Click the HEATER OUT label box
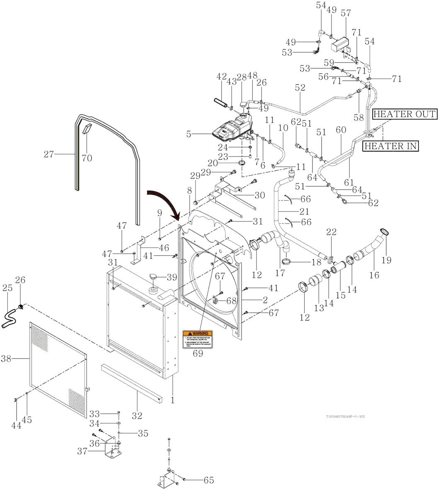(404, 114)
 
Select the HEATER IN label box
(390, 146)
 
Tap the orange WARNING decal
(198, 340)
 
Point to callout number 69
(198, 354)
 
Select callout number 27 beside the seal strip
(49, 154)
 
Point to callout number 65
(209, 480)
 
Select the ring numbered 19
(384, 232)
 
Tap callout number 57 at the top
(346, 13)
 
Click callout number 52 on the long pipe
(300, 88)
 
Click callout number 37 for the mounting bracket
(82, 451)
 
